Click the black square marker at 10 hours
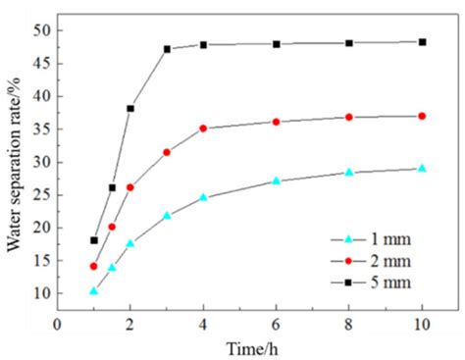[422, 42]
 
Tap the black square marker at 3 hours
[167, 49]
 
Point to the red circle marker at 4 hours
[203, 129]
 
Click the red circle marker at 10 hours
[422, 116]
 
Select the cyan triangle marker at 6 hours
[276, 180]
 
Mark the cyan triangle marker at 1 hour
[94, 290]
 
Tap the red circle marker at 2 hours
[130, 187]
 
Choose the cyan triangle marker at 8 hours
[348, 172]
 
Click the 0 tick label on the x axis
[58, 325]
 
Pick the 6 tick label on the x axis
[276, 325]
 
